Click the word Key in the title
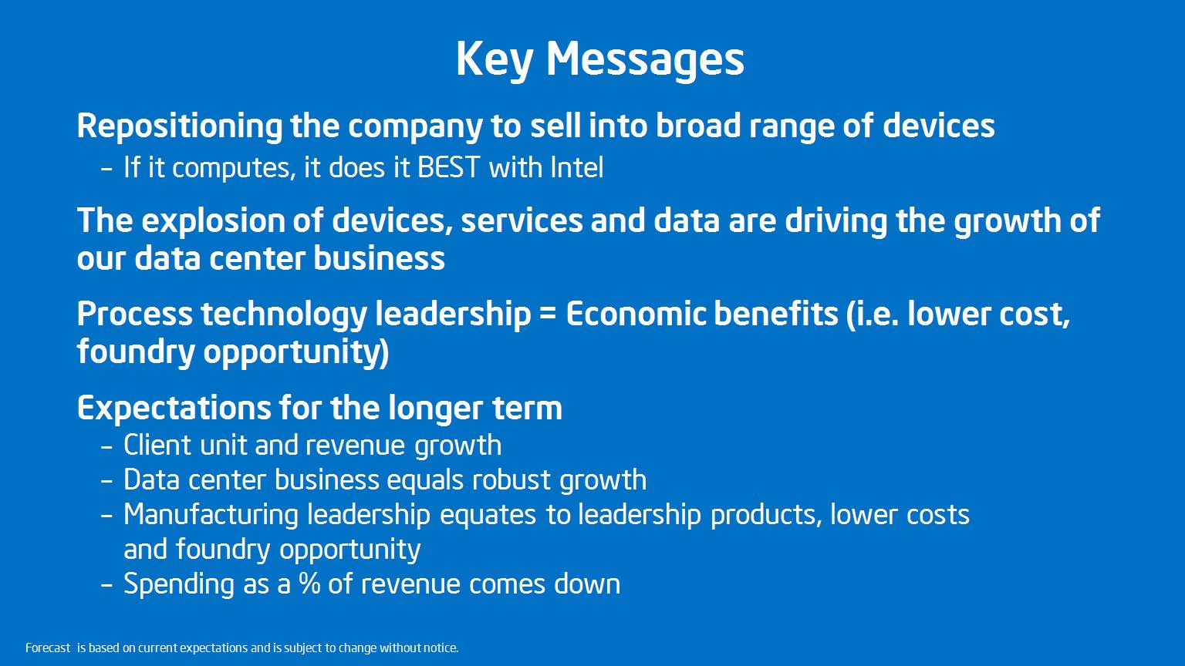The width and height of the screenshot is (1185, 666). [x=494, y=59]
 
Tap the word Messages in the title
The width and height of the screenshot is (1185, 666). [x=646, y=59]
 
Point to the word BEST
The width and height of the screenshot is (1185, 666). [x=448, y=167]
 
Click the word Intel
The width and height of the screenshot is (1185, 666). [x=576, y=167]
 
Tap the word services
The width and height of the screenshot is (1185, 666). [x=522, y=221]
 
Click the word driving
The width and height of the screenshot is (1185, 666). [x=836, y=221]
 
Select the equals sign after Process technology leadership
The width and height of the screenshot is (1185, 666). [x=549, y=314]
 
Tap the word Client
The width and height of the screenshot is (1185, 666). [x=157, y=445]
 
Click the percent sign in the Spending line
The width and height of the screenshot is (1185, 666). [x=309, y=584]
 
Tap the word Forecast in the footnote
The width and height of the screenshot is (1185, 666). [x=48, y=647]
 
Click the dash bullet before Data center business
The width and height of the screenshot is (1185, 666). [x=106, y=482]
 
